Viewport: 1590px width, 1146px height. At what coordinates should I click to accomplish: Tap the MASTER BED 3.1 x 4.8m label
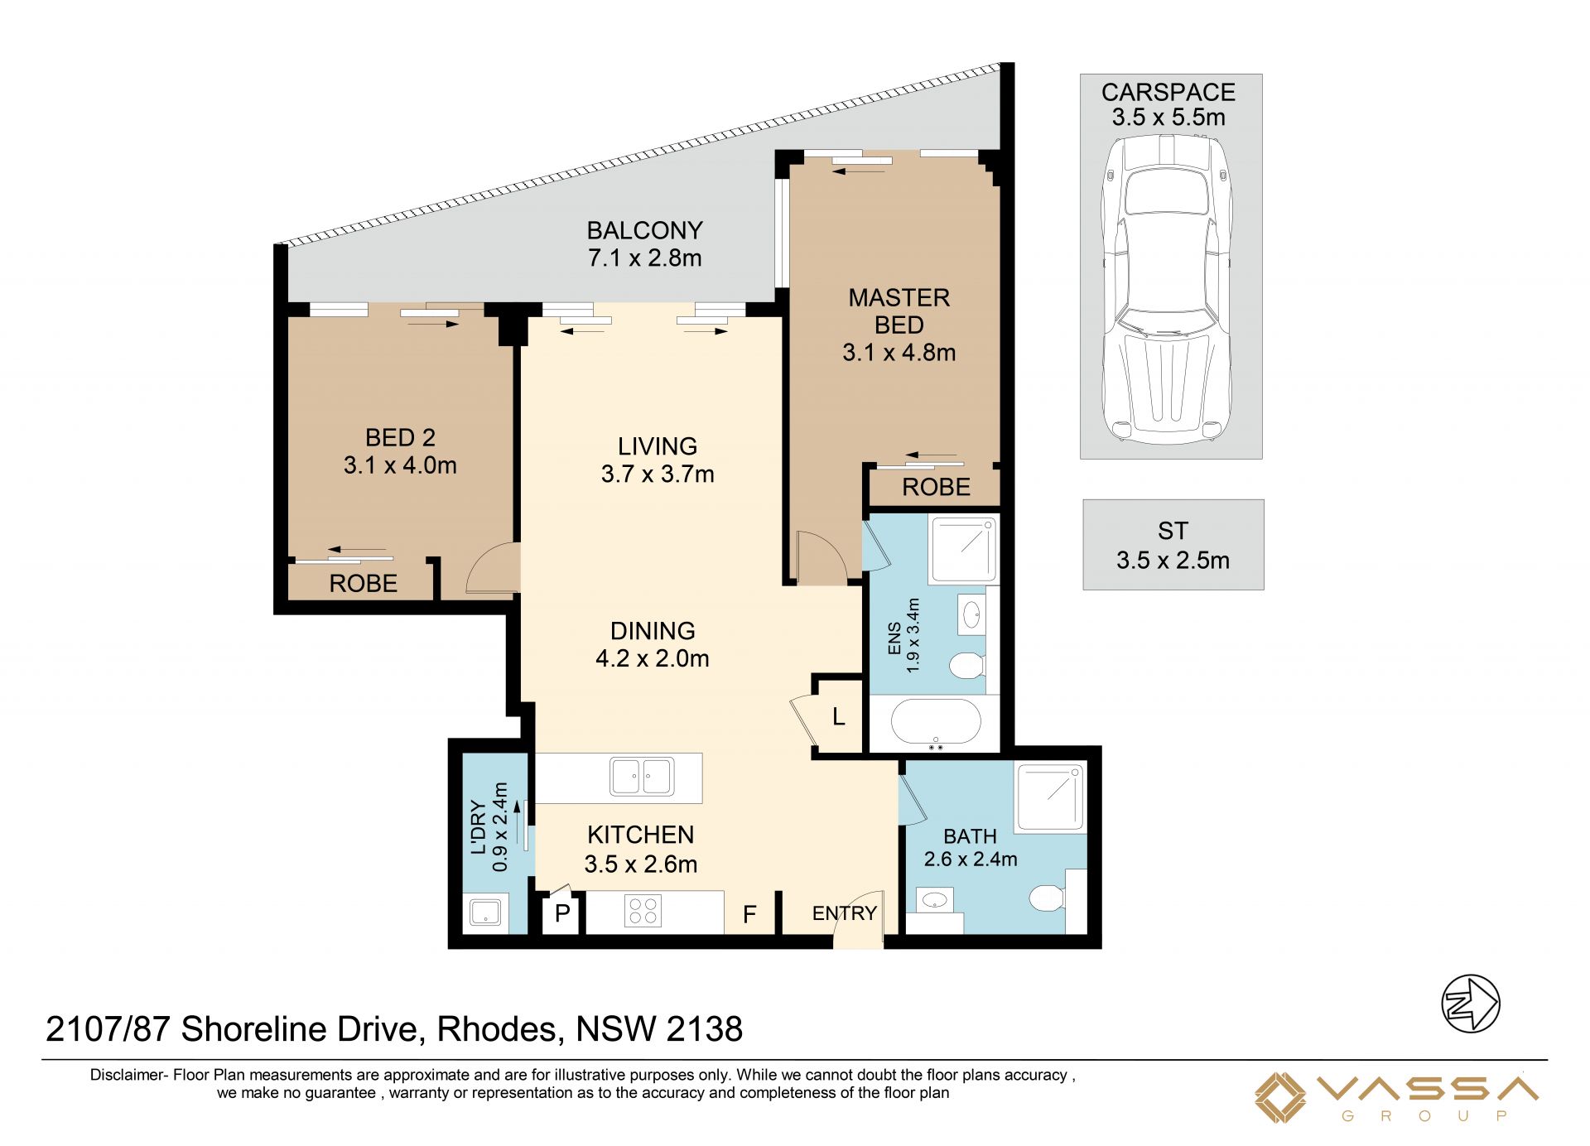pos(899,325)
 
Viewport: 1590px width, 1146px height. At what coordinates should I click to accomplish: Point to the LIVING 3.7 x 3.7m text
pos(658,460)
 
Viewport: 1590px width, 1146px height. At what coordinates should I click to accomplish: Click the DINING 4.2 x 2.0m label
pos(653,644)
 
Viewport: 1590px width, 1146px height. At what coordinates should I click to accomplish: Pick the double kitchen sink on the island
pos(642,777)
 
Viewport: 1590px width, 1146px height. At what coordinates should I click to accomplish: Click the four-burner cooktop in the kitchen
pos(643,912)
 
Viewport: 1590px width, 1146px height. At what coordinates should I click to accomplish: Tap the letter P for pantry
pos(562,913)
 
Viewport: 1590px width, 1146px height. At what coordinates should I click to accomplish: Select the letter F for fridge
pos(749,915)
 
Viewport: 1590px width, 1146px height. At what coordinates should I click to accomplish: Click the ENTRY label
pos(844,913)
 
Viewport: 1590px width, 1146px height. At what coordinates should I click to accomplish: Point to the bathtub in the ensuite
pos(936,723)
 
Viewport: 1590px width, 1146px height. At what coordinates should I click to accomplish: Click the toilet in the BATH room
pos(1048,897)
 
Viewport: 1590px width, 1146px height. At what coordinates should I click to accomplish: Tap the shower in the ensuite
pos(963,549)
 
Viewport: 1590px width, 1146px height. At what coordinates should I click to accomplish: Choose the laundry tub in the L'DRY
pos(484,912)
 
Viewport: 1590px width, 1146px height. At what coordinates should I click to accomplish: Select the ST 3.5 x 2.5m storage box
pos(1173,545)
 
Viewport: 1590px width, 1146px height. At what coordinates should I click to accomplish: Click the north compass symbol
pos(1471,1004)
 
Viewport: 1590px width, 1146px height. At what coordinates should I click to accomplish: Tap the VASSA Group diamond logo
pos(1280,1098)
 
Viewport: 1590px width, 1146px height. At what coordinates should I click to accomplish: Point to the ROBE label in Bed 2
pos(363,583)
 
